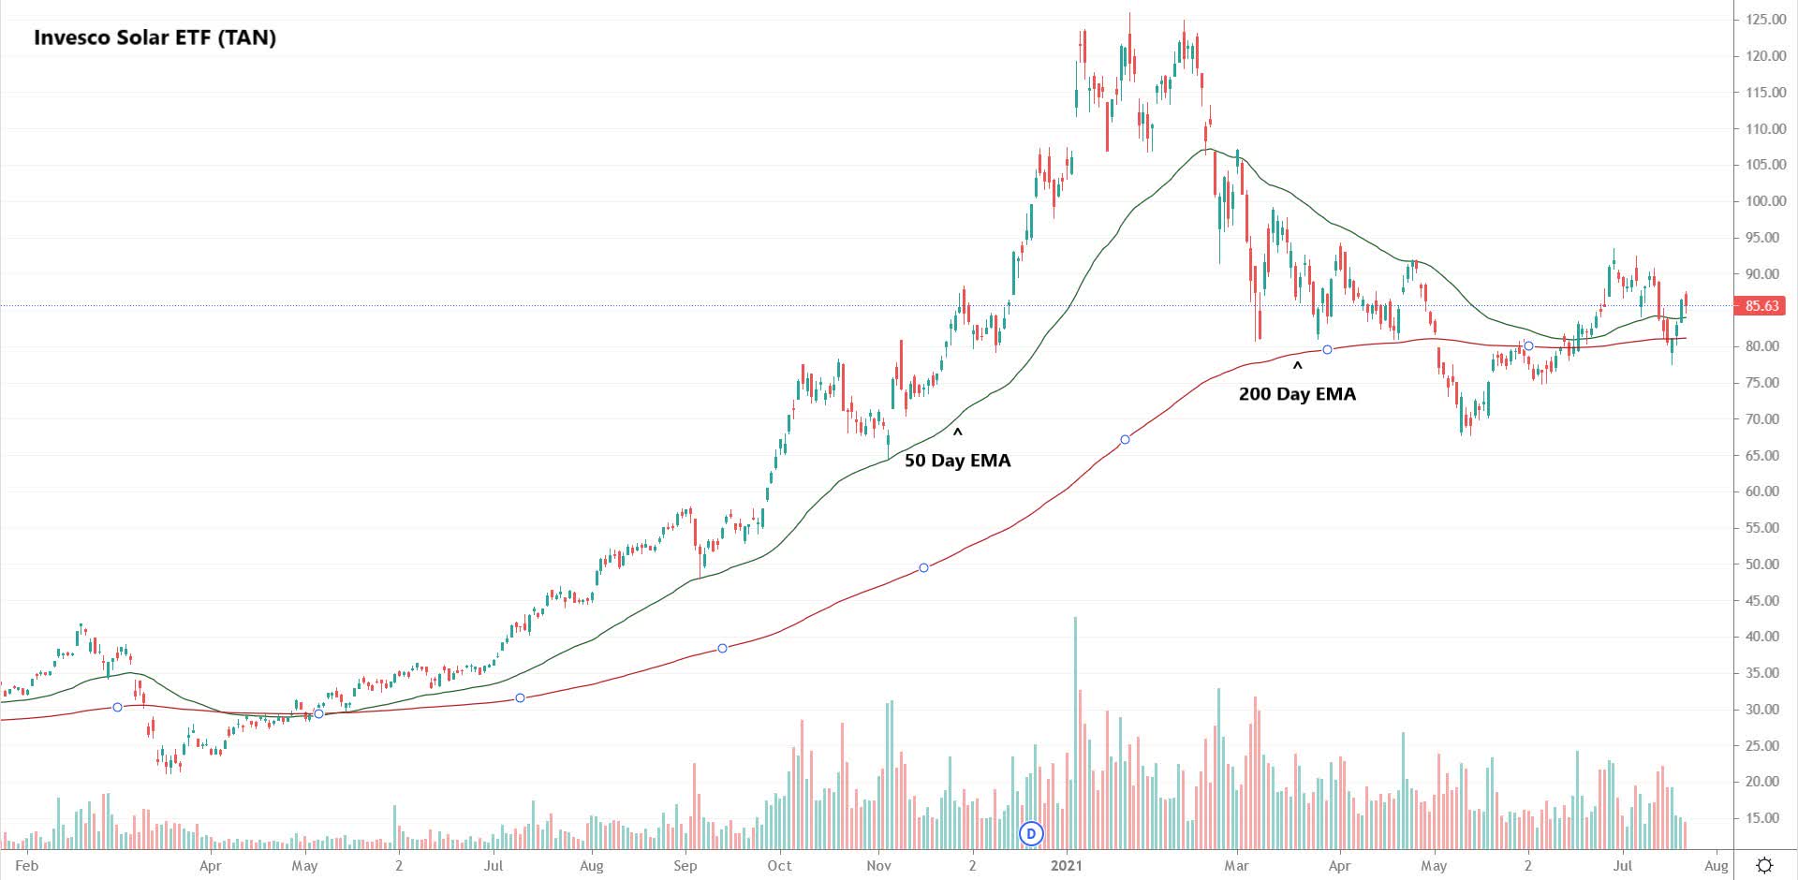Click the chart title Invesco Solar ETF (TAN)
pyautogui.click(x=155, y=38)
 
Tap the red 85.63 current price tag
pyautogui.click(x=1761, y=306)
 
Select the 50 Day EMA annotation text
pyautogui.click(x=957, y=461)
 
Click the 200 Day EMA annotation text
pyautogui.click(x=1297, y=394)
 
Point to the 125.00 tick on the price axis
pyautogui.click(x=1765, y=20)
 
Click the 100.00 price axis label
pyautogui.click(x=1765, y=201)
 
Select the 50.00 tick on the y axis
pyautogui.click(x=1765, y=565)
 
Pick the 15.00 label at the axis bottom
pyautogui.click(x=1765, y=818)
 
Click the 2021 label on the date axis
pyautogui.click(x=1066, y=866)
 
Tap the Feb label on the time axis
pyautogui.click(x=27, y=866)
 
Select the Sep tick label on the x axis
pyautogui.click(x=685, y=866)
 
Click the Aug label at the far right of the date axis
pyautogui.click(x=1716, y=866)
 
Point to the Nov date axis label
pyautogui.click(x=878, y=866)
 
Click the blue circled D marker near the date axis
pyautogui.click(x=1031, y=833)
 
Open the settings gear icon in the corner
pyautogui.click(x=1764, y=865)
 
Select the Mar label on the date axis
pyautogui.click(x=1237, y=866)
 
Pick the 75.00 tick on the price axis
pyautogui.click(x=1765, y=383)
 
